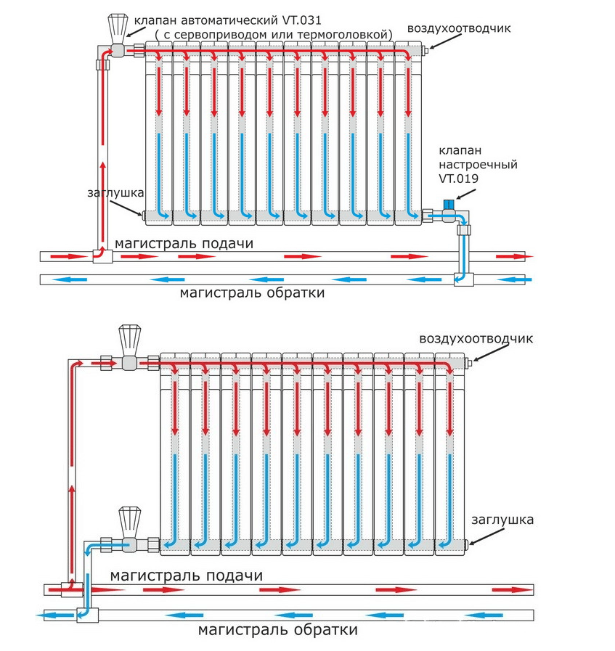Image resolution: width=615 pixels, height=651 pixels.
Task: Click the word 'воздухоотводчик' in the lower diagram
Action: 476,339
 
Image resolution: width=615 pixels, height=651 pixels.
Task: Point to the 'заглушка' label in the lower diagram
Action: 502,520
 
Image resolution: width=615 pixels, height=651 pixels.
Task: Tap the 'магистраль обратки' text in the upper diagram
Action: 252,292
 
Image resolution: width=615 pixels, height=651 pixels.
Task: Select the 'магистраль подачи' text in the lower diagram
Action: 187,576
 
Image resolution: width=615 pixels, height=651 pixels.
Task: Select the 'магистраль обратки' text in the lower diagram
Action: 278,629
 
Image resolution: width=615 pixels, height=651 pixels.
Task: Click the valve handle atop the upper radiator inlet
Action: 115,26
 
